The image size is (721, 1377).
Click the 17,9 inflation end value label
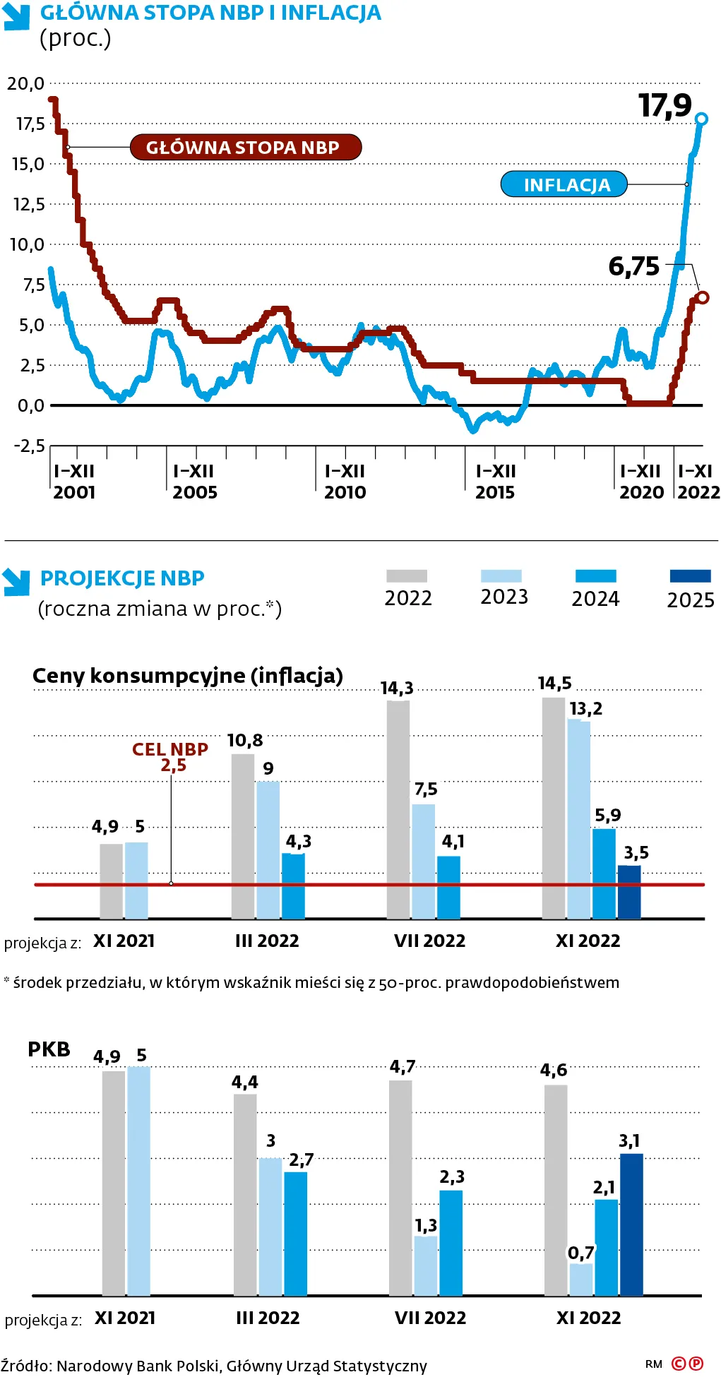click(665, 106)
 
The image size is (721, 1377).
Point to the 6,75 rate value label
click(633, 267)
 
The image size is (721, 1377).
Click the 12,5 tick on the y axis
click(29, 205)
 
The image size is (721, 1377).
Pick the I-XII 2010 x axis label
click(345, 482)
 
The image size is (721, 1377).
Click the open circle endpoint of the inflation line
click(701, 119)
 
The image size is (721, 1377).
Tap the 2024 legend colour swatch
click(595, 576)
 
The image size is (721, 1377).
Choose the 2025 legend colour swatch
click(690, 576)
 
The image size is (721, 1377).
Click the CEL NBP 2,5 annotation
click(170, 757)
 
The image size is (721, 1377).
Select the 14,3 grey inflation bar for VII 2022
click(398, 809)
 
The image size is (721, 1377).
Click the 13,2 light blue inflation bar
click(578, 819)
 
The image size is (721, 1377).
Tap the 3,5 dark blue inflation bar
click(629, 892)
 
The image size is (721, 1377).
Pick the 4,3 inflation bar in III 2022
click(293, 886)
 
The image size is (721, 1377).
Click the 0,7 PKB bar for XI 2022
click(580, 1280)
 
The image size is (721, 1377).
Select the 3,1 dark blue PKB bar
click(631, 1224)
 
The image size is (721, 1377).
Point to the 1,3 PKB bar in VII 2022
click(425, 1265)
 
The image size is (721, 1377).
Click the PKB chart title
click(49, 1049)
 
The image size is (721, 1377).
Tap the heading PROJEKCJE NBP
click(122, 578)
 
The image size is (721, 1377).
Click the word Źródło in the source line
click(26, 1366)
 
